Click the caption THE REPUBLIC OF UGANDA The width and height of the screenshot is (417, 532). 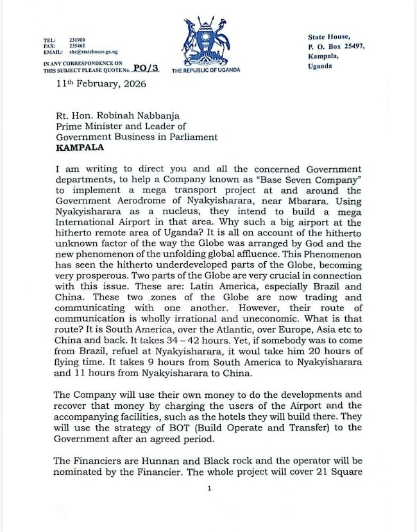(206, 70)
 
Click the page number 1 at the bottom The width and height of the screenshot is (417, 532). (209, 489)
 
